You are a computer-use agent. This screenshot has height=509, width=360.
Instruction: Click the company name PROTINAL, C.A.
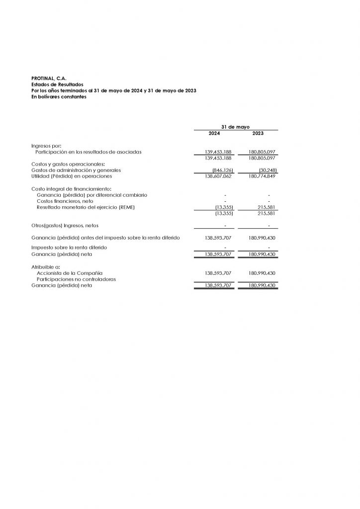pos(48,78)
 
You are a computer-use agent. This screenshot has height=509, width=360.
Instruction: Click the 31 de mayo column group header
pos(236,127)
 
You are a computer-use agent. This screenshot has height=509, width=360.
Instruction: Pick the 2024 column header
pos(215,134)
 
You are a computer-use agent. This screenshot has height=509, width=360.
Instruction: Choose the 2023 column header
pos(258,134)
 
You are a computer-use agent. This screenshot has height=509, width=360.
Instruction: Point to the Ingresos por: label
pos(46,146)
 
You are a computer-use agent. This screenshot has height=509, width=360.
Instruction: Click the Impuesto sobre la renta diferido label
pos(69,247)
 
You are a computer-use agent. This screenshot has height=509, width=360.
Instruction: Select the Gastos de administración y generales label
pos(76,170)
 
